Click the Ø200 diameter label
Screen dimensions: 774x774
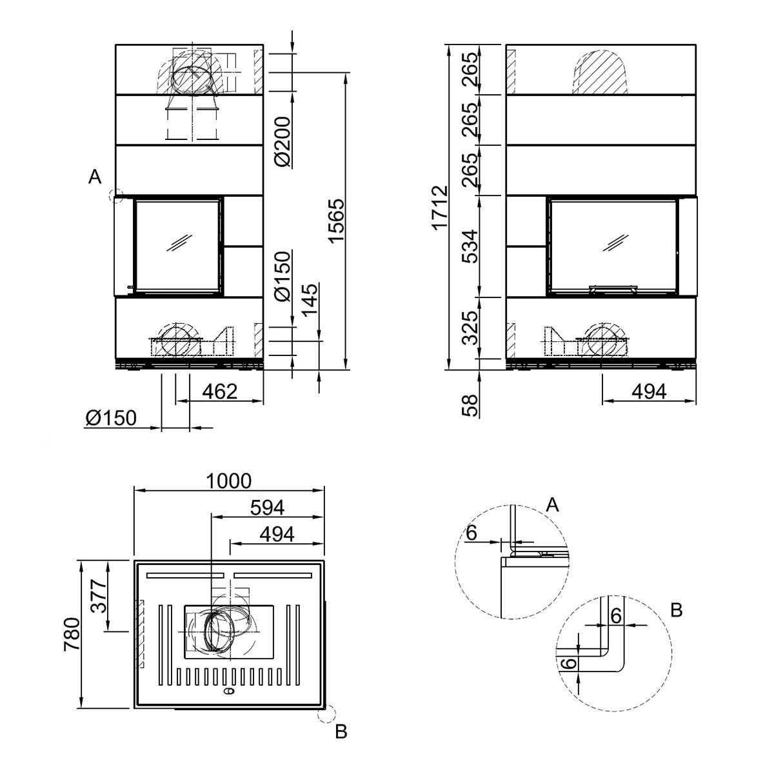point(284,143)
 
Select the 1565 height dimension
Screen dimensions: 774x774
point(337,221)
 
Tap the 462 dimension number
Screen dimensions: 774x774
point(220,391)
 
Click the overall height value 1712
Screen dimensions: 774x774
point(440,208)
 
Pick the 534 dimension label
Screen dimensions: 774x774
point(470,246)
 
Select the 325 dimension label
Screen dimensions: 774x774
point(470,328)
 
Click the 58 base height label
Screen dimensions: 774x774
point(470,404)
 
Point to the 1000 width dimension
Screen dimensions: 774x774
point(228,481)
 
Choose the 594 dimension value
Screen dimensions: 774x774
point(267,508)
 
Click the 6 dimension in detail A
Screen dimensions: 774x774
point(471,533)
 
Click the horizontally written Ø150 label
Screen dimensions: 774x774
point(111,419)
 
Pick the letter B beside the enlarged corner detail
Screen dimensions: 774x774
point(676,610)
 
